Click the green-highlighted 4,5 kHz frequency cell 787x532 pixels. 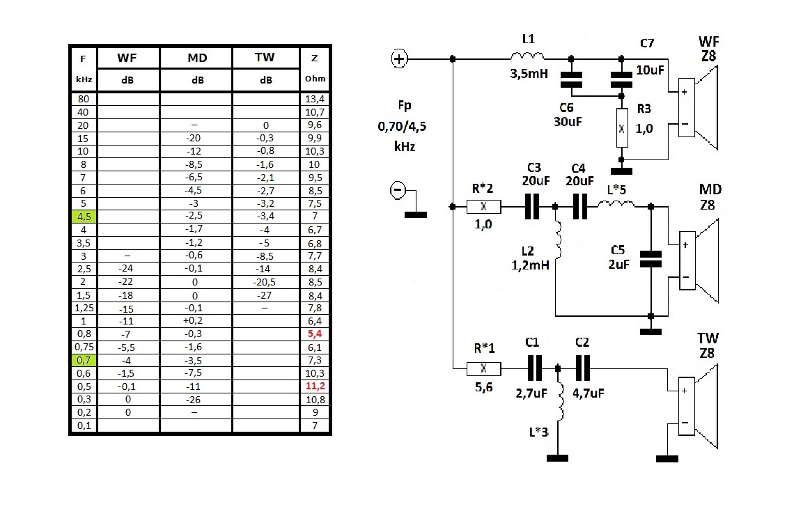click(84, 217)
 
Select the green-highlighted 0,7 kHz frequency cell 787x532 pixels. click(84, 360)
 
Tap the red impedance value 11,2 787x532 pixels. click(315, 386)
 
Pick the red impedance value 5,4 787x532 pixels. click(315, 334)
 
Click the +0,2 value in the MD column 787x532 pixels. click(197, 321)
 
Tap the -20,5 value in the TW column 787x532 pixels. click(266, 282)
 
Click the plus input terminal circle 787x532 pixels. click(400, 59)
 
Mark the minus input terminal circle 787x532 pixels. click(398, 189)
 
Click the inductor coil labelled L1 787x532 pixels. click(527, 56)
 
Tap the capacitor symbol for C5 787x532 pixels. click(650, 259)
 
